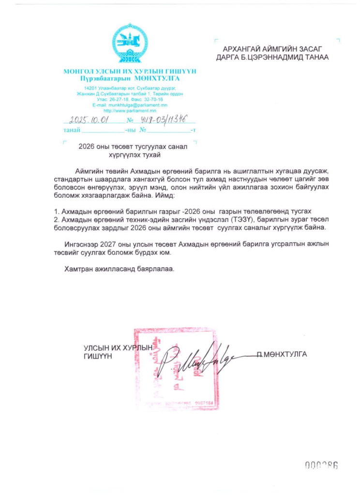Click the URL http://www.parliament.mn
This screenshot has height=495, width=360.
(x=130, y=110)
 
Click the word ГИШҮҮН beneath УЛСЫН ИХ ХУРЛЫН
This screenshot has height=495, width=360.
(x=98, y=356)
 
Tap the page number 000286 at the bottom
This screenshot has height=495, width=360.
(x=321, y=465)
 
